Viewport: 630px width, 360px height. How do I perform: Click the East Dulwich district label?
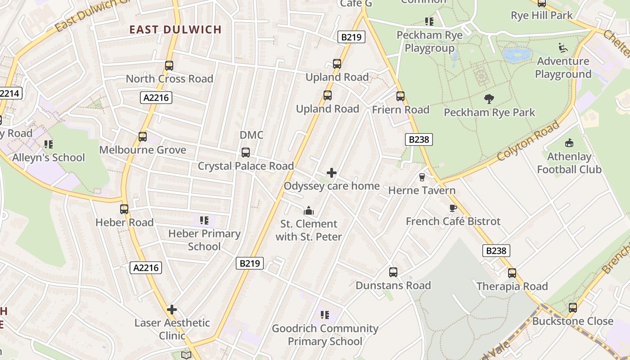coord(175,30)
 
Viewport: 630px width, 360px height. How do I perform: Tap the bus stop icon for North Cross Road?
coord(169,66)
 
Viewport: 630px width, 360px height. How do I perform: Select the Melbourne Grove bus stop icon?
coord(143,137)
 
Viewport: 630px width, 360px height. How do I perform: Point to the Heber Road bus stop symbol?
coord(124,209)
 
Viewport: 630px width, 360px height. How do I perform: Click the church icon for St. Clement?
coord(308,211)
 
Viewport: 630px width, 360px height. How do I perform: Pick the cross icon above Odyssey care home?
coord(332,173)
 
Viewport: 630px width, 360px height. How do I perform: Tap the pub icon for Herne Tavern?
coord(422,177)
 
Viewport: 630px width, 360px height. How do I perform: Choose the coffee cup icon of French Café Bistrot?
coord(453,208)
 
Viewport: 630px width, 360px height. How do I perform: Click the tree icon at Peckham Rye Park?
coord(489,99)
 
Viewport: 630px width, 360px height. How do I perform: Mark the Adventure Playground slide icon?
coord(562,47)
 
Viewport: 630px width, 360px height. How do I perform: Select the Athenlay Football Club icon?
coord(569,143)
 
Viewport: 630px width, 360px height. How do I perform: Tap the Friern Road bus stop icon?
coord(400,96)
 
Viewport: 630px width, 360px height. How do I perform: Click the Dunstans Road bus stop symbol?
coord(393,272)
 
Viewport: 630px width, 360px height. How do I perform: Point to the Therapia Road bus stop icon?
coord(512,273)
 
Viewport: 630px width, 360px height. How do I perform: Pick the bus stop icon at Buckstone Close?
coord(572,308)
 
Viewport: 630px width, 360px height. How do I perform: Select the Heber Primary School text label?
coord(204,240)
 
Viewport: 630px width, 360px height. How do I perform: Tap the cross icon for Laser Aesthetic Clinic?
coord(171,310)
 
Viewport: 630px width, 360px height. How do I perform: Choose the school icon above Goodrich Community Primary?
coord(324,315)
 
